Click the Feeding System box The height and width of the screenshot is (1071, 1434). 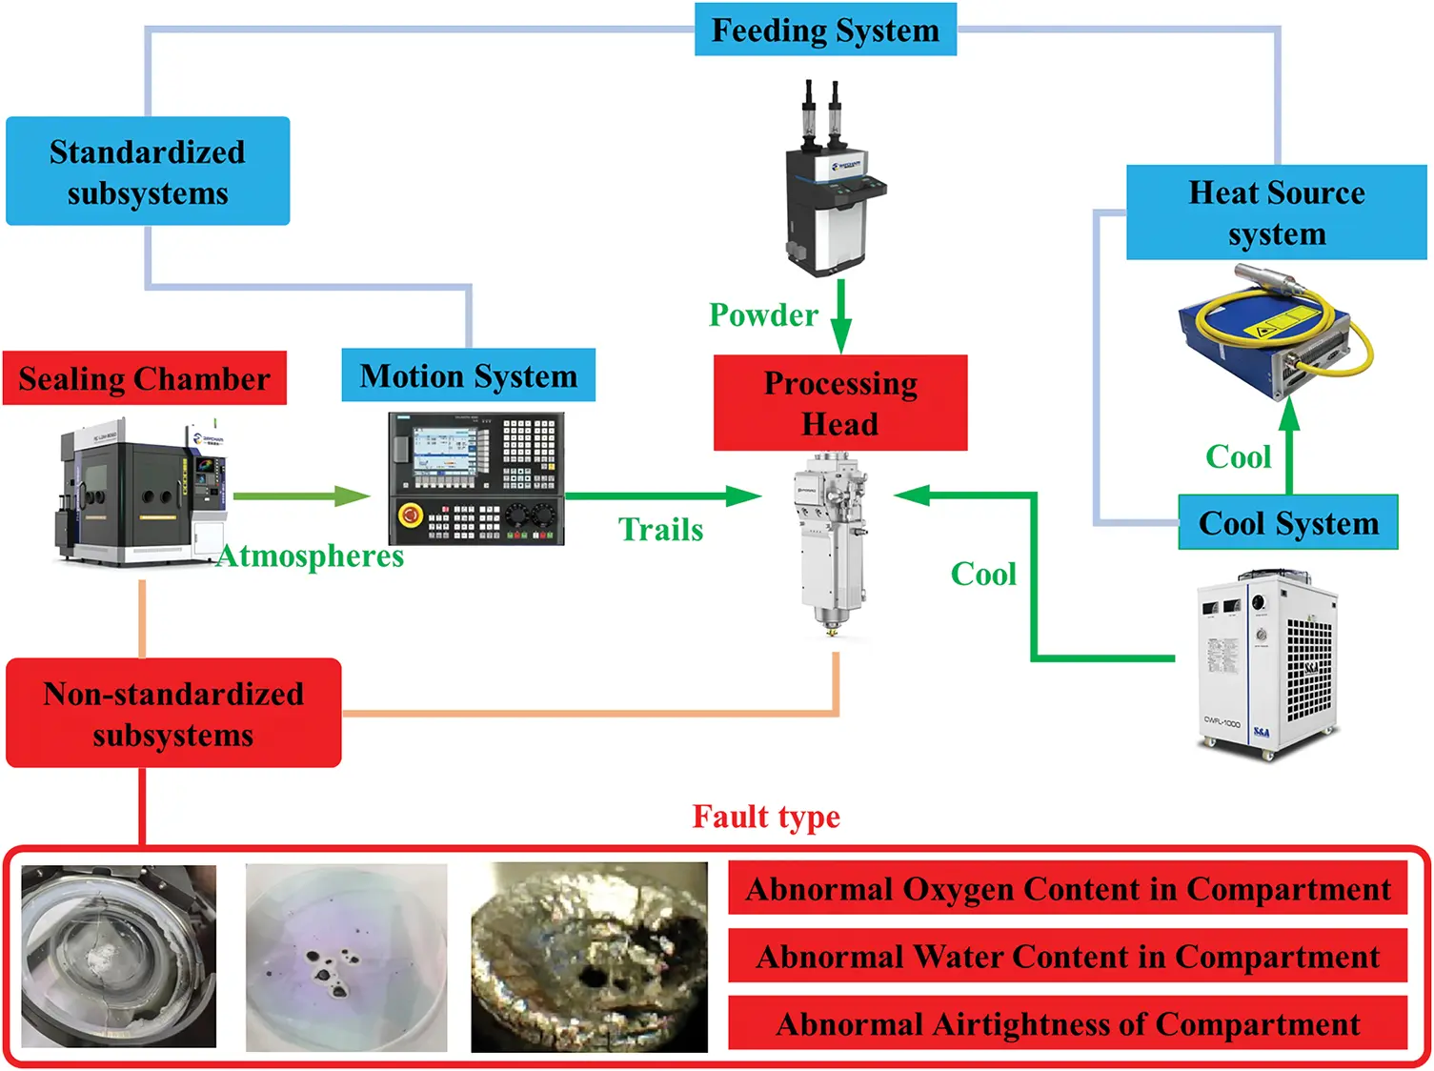pos(825,30)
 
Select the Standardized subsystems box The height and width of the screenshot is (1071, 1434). pos(148,172)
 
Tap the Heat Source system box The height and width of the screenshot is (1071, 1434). pos(1276,212)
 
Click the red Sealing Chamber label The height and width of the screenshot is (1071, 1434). pos(145,378)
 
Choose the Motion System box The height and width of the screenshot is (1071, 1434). pos(468,375)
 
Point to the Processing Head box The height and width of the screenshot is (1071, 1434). pos(839,403)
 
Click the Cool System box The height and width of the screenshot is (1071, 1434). pos(1287,522)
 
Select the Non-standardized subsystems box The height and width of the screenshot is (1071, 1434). pos(173,714)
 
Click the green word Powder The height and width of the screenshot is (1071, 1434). pos(763,314)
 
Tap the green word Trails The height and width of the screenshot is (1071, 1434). pos(660,529)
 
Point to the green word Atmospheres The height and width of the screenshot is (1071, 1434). pos(311,556)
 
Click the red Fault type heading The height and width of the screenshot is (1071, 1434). pos(766,817)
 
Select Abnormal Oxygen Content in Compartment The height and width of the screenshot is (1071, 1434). pos(1067,889)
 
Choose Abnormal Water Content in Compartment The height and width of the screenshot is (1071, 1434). pos(1067,957)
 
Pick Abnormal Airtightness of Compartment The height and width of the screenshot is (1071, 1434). pos(1067,1024)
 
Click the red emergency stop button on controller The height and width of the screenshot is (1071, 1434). pos(411,515)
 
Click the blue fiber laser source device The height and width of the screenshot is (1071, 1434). pos(1262,333)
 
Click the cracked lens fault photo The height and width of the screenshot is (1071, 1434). pos(119,956)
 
